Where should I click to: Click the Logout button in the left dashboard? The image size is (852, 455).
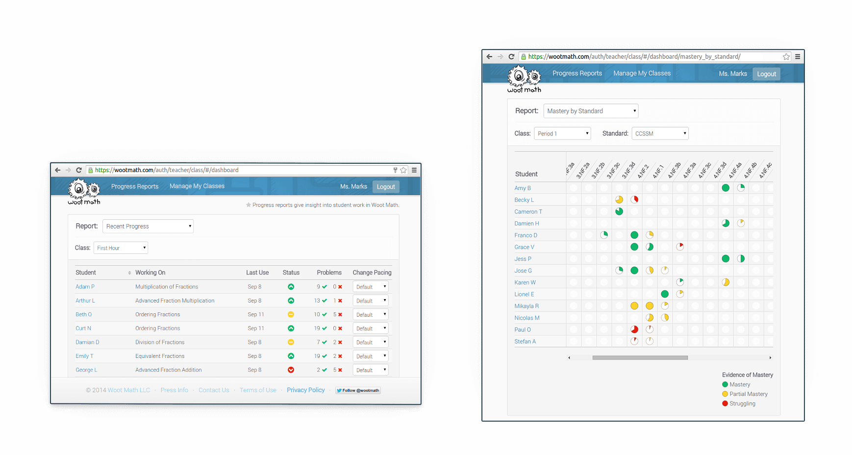coord(386,187)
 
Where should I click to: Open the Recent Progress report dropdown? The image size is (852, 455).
coord(148,226)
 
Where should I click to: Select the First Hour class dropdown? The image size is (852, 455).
coord(121,248)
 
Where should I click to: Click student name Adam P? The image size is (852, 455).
coord(85,287)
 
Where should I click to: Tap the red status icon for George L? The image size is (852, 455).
coord(291,370)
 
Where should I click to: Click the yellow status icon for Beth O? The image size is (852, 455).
coord(291,314)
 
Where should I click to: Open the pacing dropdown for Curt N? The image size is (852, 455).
coord(371,329)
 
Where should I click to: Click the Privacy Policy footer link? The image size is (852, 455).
coord(305,390)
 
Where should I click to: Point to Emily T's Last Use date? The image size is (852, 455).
coord(254,356)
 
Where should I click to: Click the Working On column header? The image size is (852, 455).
coord(150,273)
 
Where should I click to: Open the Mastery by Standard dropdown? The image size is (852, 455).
coord(591,111)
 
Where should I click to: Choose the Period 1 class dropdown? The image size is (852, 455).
coord(562,133)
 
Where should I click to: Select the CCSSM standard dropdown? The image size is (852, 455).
coord(660,133)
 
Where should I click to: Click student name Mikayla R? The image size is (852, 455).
coord(526,306)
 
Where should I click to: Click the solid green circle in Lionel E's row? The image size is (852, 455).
coord(665,294)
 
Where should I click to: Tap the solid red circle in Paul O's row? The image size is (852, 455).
coord(634,329)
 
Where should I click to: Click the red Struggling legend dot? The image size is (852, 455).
coord(725,404)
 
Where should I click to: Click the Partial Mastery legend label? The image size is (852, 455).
coord(748,394)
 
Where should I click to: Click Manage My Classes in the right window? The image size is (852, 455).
coord(642,74)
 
